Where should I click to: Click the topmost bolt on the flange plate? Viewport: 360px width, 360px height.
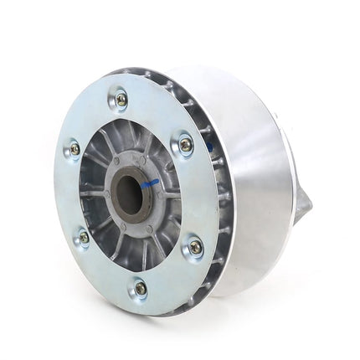click(122, 99)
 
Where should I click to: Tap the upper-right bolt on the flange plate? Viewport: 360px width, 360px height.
click(185, 144)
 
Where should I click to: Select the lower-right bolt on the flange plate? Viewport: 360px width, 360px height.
click(195, 247)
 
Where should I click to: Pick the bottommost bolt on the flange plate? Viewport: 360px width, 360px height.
click(140, 288)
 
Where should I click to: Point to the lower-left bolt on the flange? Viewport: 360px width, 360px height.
click(82, 238)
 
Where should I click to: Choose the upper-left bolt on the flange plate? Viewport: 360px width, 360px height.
click(75, 148)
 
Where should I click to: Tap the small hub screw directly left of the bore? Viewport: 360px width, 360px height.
click(106, 194)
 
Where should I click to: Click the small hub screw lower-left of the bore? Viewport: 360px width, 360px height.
click(121, 224)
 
